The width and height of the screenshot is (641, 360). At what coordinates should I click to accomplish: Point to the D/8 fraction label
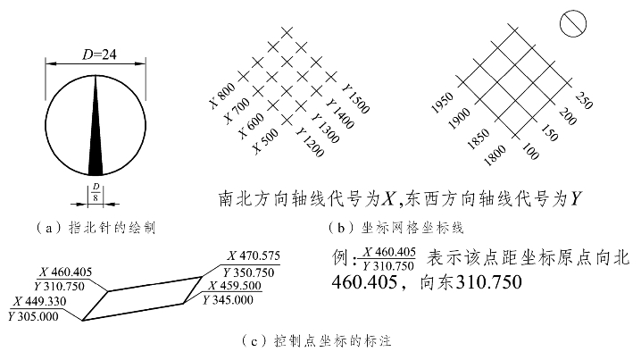[96, 193]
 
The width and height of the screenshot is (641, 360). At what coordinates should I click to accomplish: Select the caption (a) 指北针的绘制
[96, 227]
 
